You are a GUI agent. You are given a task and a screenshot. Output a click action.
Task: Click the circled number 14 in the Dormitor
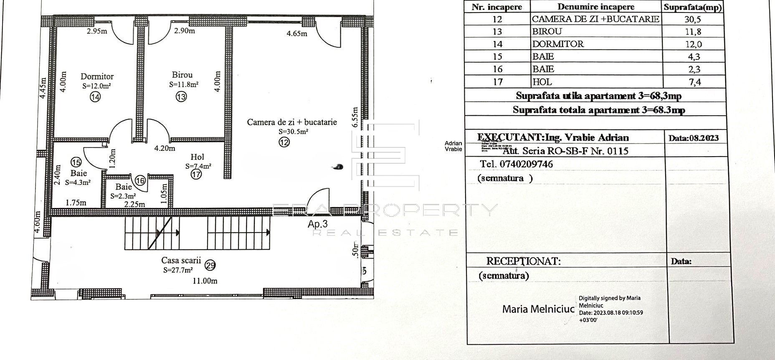pyautogui.click(x=95, y=97)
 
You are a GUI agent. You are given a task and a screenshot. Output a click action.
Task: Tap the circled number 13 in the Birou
pyautogui.click(x=181, y=96)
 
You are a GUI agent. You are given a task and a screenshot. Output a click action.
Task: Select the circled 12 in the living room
pyautogui.click(x=284, y=142)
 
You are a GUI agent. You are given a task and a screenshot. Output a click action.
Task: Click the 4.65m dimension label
pyautogui.click(x=297, y=33)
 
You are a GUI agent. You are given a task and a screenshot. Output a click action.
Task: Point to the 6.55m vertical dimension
pyautogui.click(x=355, y=117)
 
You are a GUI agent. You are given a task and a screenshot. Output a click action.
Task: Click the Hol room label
pyautogui.click(x=197, y=157)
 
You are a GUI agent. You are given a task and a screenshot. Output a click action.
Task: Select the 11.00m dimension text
pyautogui.click(x=205, y=281)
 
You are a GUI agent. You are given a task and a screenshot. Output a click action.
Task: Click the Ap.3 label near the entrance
pyautogui.click(x=318, y=224)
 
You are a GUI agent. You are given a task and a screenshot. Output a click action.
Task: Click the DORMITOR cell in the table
pyautogui.click(x=558, y=44)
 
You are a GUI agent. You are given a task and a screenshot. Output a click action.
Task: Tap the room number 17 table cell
pyautogui.click(x=497, y=82)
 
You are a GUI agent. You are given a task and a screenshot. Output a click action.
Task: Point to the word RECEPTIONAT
pyautogui.click(x=523, y=261)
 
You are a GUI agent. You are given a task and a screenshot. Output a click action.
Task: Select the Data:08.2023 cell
pyautogui.click(x=694, y=138)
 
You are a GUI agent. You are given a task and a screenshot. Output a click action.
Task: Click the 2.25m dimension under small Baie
pyautogui.click(x=134, y=204)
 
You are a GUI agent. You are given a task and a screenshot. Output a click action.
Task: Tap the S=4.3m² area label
pyautogui.click(x=78, y=183)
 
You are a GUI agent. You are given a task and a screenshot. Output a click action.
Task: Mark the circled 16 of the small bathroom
pyautogui.click(x=140, y=180)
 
